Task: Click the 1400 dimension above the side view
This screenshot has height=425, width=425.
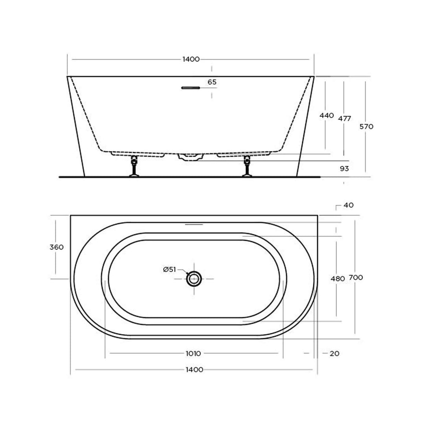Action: [191, 59]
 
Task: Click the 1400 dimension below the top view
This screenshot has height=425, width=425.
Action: [194, 370]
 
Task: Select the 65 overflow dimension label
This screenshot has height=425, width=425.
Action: [212, 82]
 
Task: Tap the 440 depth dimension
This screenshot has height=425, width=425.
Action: [327, 115]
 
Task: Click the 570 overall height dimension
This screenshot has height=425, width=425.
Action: [366, 126]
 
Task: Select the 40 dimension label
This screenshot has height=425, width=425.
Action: [348, 205]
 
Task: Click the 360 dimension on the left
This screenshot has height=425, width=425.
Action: [56, 247]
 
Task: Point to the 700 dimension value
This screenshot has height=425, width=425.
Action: [356, 277]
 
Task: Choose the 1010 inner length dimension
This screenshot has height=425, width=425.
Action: [193, 353]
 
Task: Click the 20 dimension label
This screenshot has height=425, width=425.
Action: [334, 353]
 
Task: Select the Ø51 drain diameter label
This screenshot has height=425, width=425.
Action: [169, 269]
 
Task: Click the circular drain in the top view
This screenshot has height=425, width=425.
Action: [194, 279]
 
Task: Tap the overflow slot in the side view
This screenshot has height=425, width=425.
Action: [191, 88]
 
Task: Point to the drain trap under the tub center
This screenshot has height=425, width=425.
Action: [191, 157]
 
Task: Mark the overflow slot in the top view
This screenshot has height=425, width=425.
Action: [194, 225]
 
